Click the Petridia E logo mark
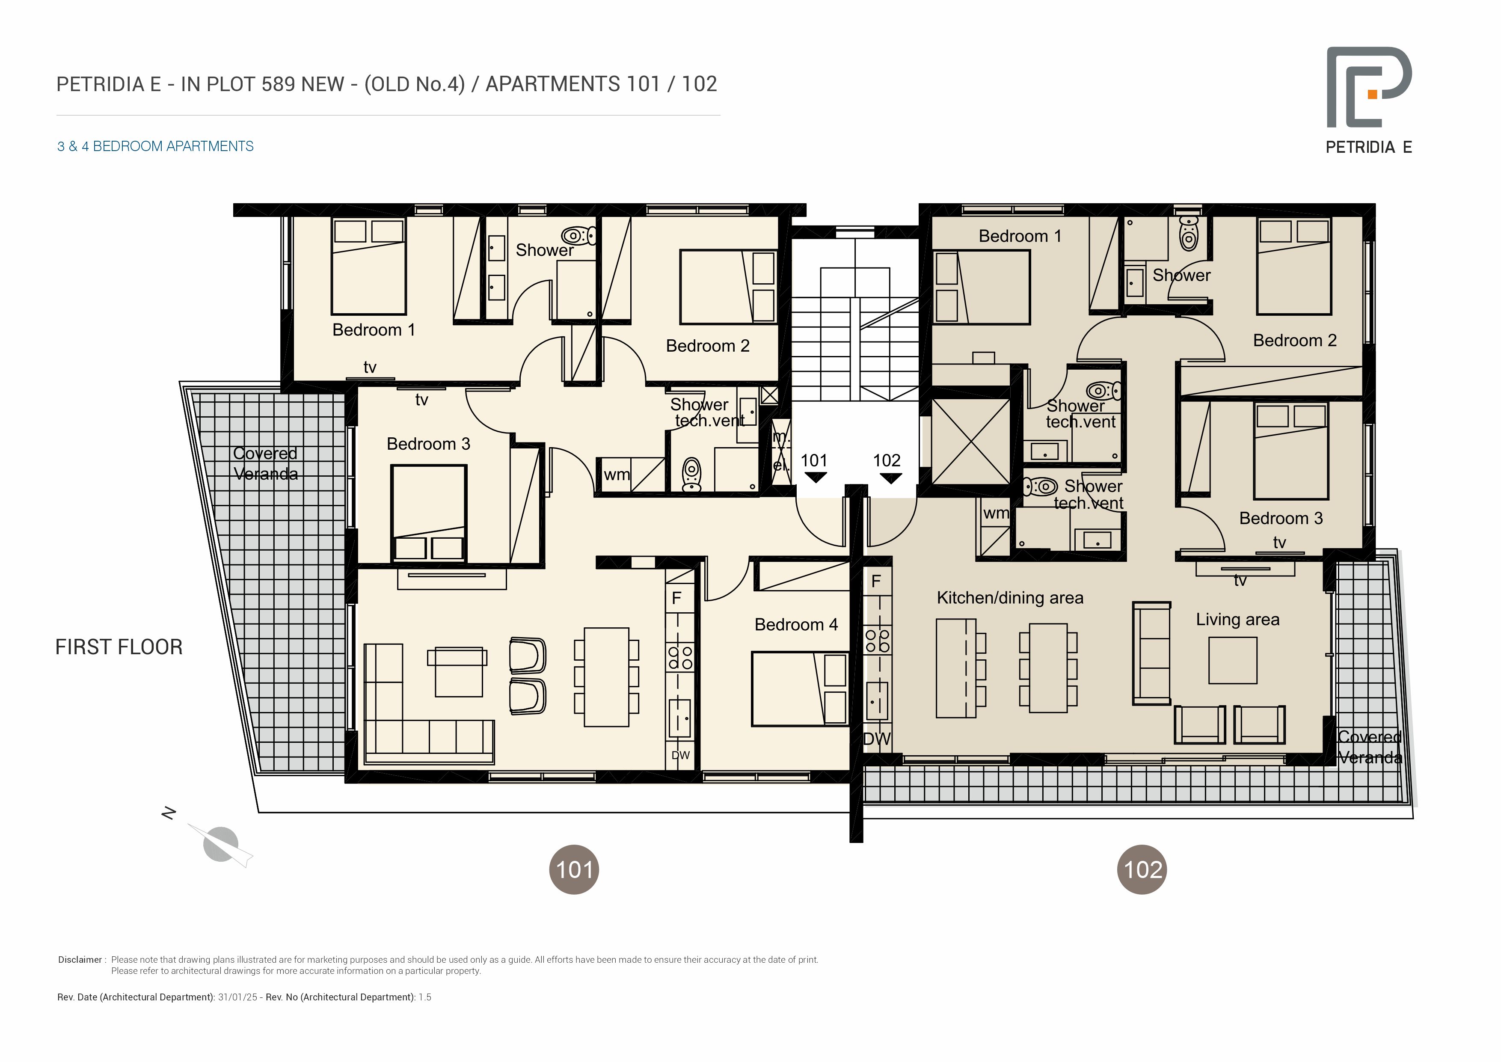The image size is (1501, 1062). coord(1369,87)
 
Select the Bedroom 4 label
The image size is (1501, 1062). coord(795,625)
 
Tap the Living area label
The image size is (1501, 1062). coord(1237,619)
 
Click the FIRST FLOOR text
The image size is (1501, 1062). coord(119,647)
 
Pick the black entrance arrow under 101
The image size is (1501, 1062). coord(815,478)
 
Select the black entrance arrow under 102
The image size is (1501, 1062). coord(890,478)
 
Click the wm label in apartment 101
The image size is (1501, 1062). coord(617,475)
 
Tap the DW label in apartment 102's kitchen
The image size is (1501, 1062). coord(877,739)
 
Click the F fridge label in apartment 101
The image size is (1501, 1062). coord(676,598)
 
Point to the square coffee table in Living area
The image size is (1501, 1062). coord(1232,661)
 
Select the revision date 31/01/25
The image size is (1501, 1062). coord(237,997)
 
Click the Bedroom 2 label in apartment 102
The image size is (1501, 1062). coord(1294,340)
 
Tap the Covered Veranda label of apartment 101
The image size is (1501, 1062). coord(265,463)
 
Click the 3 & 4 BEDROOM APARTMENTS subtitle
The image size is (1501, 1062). coord(156,146)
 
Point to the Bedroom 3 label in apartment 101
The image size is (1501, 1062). coord(428,444)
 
